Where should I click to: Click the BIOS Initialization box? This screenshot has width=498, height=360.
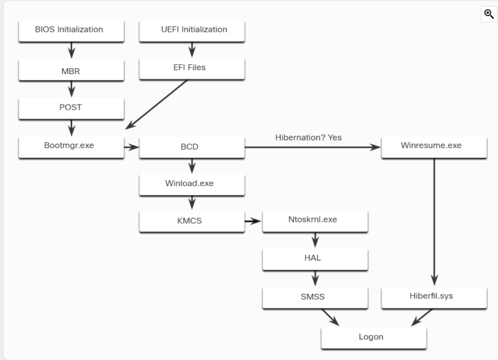[x=69, y=30]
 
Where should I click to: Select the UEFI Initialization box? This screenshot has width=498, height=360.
[x=193, y=30]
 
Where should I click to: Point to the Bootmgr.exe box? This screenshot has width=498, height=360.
[x=69, y=146]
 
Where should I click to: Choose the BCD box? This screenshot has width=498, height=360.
[x=191, y=147]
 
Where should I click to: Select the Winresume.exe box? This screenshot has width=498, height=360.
[x=434, y=146]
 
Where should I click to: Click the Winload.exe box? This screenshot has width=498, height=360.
[x=191, y=184]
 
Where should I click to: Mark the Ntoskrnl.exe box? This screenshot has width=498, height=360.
[x=315, y=221]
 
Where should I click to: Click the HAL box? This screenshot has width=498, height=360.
[x=315, y=258]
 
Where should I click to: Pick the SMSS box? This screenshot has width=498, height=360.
[x=315, y=297]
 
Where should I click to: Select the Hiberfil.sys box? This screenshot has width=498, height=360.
[x=434, y=297]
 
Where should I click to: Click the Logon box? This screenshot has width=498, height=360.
[x=373, y=337]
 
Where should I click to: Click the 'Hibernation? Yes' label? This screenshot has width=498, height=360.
[x=308, y=138]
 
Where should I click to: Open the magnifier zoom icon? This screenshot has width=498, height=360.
[x=489, y=14]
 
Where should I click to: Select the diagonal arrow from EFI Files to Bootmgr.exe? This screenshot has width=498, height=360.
[x=159, y=102]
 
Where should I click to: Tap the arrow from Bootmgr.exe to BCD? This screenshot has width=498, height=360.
[x=131, y=147]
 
